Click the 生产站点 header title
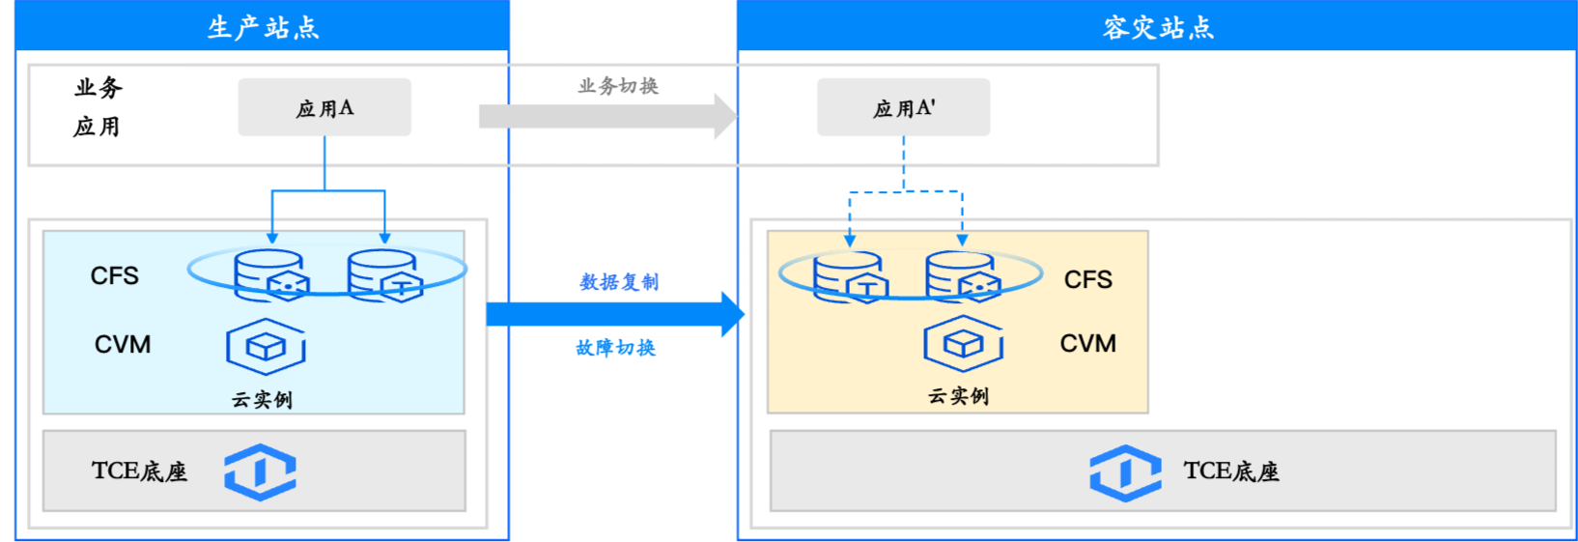click(264, 27)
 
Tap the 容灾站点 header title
click(1158, 27)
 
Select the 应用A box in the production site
click(324, 107)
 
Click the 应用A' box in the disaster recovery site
click(904, 107)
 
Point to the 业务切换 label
click(618, 86)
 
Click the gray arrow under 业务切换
click(608, 116)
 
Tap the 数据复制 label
click(618, 282)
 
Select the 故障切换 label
click(616, 348)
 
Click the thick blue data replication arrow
click(616, 314)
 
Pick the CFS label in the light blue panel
click(114, 275)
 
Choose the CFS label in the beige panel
click(1087, 280)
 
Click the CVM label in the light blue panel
click(123, 345)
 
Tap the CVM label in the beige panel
click(1087, 343)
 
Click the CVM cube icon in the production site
click(266, 347)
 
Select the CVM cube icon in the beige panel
click(963, 344)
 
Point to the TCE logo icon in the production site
click(260, 472)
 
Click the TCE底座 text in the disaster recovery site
click(1230, 471)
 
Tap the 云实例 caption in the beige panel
click(958, 396)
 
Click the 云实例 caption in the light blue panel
click(262, 400)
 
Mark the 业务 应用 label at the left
click(98, 107)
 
